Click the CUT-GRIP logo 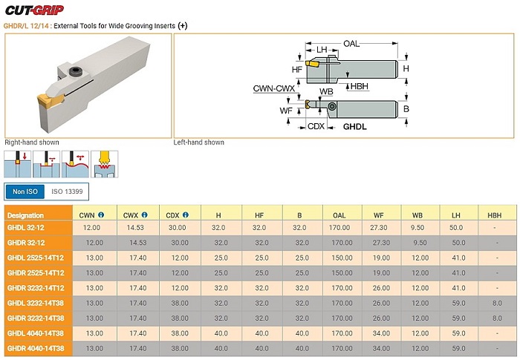click(x=34, y=10)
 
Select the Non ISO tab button click(x=25, y=192)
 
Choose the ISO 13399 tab click(x=67, y=192)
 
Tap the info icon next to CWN click(x=101, y=215)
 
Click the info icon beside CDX click(x=186, y=215)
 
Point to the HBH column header click(x=494, y=215)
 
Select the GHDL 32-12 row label click(x=25, y=228)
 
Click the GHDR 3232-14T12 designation click(x=36, y=288)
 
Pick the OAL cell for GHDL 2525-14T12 click(x=342, y=258)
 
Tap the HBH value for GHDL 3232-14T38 click(x=497, y=303)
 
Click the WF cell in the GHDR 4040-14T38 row click(x=381, y=348)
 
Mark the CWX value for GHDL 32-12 click(x=135, y=228)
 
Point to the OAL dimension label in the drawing click(x=351, y=44)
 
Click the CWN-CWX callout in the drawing click(x=274, y=88)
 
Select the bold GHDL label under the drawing click(x=355, y=127)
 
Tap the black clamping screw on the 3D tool click(x=75, y=71)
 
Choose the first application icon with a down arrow click(x=18, y=164)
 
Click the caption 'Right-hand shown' click(x=32, y=143)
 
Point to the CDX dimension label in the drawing click(x=316, y=126)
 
